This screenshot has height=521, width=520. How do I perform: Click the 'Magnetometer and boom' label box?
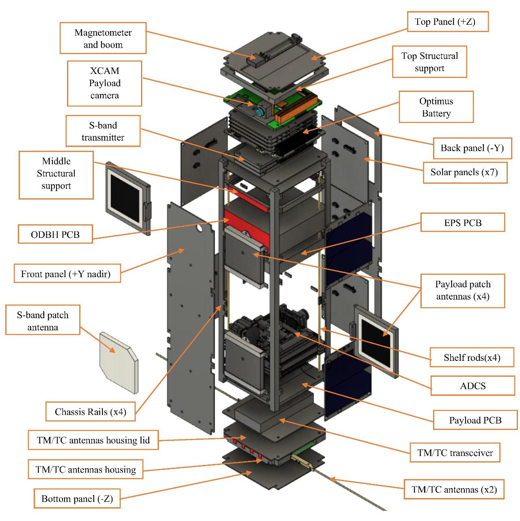pos(103,38)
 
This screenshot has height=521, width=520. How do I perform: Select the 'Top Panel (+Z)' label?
pos(447,22)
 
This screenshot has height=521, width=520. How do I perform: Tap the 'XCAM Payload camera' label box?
pos(104,83)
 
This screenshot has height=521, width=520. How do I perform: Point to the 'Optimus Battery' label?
pos(436,107)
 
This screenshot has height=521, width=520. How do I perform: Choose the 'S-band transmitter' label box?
pos(103,131)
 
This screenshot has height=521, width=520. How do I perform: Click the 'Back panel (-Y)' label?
pos(472,148)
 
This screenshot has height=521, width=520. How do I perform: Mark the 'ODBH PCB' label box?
pos(55,234)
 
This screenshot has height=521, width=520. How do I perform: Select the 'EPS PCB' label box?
pos(463,223)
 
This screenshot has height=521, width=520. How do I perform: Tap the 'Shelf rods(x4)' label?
pos(472,358)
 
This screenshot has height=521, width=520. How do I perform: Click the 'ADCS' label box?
pos(473,386)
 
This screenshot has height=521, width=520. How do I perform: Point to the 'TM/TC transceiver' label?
pos(455,453)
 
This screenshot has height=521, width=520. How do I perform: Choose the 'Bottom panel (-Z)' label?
pos(77,499)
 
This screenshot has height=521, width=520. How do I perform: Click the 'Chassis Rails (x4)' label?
pos(91,412)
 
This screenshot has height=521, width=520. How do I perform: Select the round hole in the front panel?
pos(199,229)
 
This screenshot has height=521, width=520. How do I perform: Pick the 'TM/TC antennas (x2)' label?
pos(454,490)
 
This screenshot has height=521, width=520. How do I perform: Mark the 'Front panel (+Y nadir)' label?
pos(66,274)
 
